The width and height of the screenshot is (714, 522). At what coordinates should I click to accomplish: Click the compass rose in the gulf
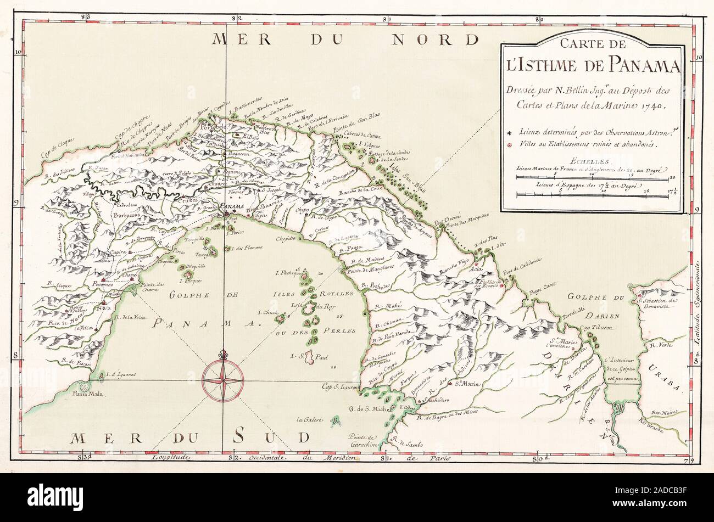[x=222, y=379]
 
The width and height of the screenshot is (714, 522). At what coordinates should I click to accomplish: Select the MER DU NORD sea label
[x=346, y=40]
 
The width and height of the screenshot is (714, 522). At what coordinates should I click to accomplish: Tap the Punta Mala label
[x=84, y=392]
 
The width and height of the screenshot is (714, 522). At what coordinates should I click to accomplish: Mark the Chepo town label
[x=302, y=210]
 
